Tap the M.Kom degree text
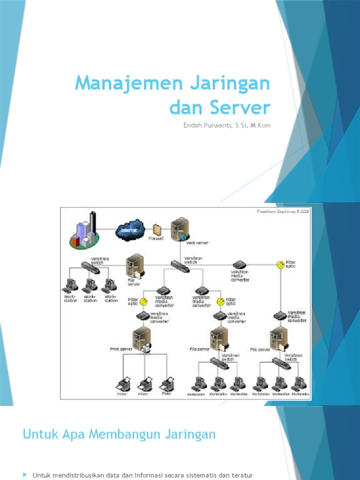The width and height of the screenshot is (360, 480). click(259, 125)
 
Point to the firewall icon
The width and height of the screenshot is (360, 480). click(157, 230)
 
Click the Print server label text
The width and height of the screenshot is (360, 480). click(121, 349)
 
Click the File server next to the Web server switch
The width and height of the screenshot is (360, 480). click(135, 265)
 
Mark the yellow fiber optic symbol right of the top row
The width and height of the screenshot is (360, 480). click(280, 264)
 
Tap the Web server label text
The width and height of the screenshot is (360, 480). click(197, 243)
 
